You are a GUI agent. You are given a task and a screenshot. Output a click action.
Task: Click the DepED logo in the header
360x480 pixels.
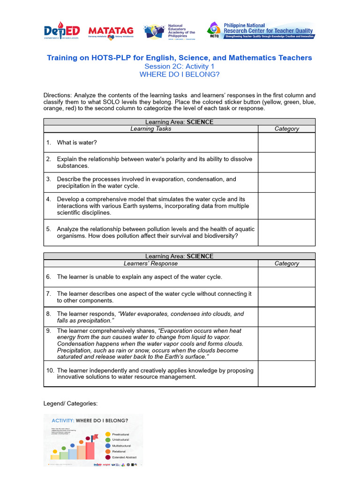coord(62,31)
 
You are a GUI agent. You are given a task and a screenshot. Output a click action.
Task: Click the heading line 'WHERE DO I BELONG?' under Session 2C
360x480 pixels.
coord(179,74)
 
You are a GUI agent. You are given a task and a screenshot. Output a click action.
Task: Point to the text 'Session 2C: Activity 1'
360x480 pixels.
coord(179,67)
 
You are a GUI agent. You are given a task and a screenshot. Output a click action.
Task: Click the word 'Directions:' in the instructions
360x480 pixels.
coord(57,95)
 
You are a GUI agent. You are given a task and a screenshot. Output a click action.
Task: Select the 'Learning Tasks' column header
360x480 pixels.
coord(150,129)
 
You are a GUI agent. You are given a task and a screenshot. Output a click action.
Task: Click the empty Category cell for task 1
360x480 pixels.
coord(286,142)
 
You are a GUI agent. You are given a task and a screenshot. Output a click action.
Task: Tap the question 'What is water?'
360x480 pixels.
coord(77,142)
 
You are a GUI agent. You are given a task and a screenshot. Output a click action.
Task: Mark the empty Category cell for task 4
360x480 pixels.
coord(286,206)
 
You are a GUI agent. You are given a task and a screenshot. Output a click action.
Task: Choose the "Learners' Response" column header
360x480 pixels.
coord(150,263)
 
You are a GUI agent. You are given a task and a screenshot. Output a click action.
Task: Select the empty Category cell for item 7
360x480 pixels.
coord(286,297)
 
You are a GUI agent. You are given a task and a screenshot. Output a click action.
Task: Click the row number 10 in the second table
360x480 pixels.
coord(50,370)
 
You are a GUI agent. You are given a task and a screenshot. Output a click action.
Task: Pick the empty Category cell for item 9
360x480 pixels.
coord(286,344)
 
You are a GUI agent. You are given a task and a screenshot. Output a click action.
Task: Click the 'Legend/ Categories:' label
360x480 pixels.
coord(70,404)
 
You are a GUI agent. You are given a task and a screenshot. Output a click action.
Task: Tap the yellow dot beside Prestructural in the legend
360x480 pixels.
coord(108,435)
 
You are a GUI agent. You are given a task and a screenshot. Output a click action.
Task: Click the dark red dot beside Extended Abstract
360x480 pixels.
coord(108,457)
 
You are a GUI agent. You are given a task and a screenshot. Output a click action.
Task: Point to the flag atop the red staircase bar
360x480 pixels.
coord(95,436)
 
